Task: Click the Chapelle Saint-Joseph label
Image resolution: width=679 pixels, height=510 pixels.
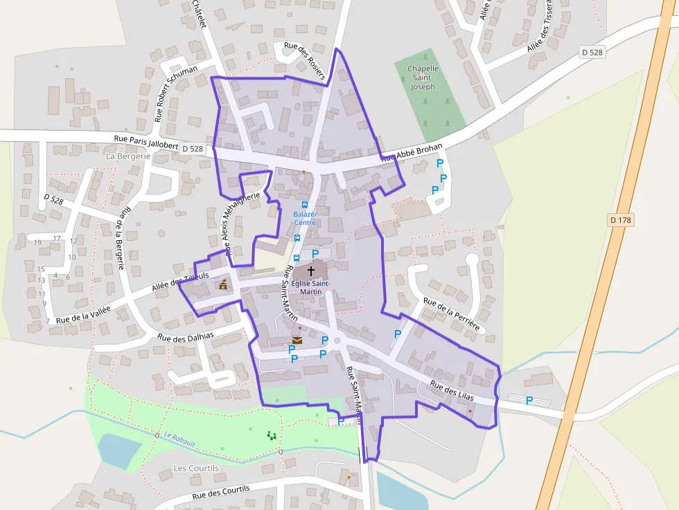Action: [x=423, y=78]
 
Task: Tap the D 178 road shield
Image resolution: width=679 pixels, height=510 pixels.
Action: [x=621, y=219]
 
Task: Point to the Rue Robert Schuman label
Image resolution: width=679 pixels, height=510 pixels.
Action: [x=176, y=93]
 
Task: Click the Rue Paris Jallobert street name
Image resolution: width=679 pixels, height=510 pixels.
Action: [x=145, y=142]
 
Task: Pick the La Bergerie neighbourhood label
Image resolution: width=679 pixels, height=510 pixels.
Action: [x=128, y=156]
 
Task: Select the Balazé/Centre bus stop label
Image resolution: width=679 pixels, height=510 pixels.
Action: [x=305, y=218]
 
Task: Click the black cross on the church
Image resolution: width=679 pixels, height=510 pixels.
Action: [x=310, y=271]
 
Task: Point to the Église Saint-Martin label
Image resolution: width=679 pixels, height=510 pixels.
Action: [x=310, y=287]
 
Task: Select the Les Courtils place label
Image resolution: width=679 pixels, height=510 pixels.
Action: [x=195, y=468]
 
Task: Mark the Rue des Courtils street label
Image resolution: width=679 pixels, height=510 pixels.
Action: [x=220, y=493]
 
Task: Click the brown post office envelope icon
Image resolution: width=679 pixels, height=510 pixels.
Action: [x=297, y=340]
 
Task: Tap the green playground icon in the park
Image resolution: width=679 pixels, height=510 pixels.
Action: [x=271, y=435]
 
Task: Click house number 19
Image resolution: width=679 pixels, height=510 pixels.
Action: [x=37, y=242]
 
